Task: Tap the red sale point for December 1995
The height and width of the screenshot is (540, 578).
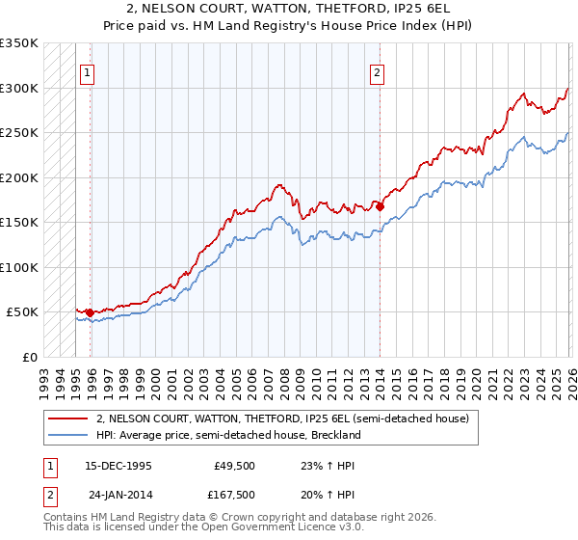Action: (90, 312)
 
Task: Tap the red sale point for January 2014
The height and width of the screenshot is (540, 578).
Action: (381, 205)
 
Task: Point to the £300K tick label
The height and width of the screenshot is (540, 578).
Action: (19, 88)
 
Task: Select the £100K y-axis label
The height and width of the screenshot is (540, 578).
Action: (19, 267)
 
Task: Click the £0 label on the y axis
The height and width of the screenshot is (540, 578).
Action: (30, 357)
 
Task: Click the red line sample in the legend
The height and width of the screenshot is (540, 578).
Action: (68, 418)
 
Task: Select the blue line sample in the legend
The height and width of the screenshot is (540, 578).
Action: (68, 435)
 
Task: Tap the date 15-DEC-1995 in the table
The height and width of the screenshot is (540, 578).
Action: (118, 465)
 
